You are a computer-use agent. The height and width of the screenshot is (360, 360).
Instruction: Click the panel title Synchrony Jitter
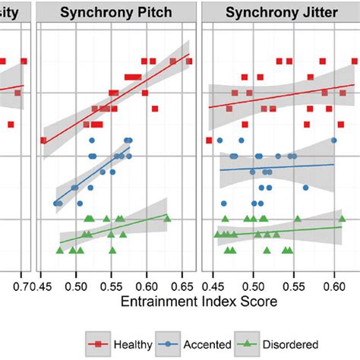coord(279,14)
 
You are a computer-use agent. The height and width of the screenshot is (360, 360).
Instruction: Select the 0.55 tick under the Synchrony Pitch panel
coord(112,285)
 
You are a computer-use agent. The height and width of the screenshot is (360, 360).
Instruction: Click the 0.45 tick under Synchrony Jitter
coord(216,285)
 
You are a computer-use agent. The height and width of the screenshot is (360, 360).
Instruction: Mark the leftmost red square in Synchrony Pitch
coord(43,140)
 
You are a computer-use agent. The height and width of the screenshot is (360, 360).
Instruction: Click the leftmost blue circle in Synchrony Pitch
coord(56,203)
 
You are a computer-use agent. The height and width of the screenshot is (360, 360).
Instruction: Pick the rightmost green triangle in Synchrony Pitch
coord(167,219)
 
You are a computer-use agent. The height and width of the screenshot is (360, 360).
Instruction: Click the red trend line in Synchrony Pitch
coord(114,96)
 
